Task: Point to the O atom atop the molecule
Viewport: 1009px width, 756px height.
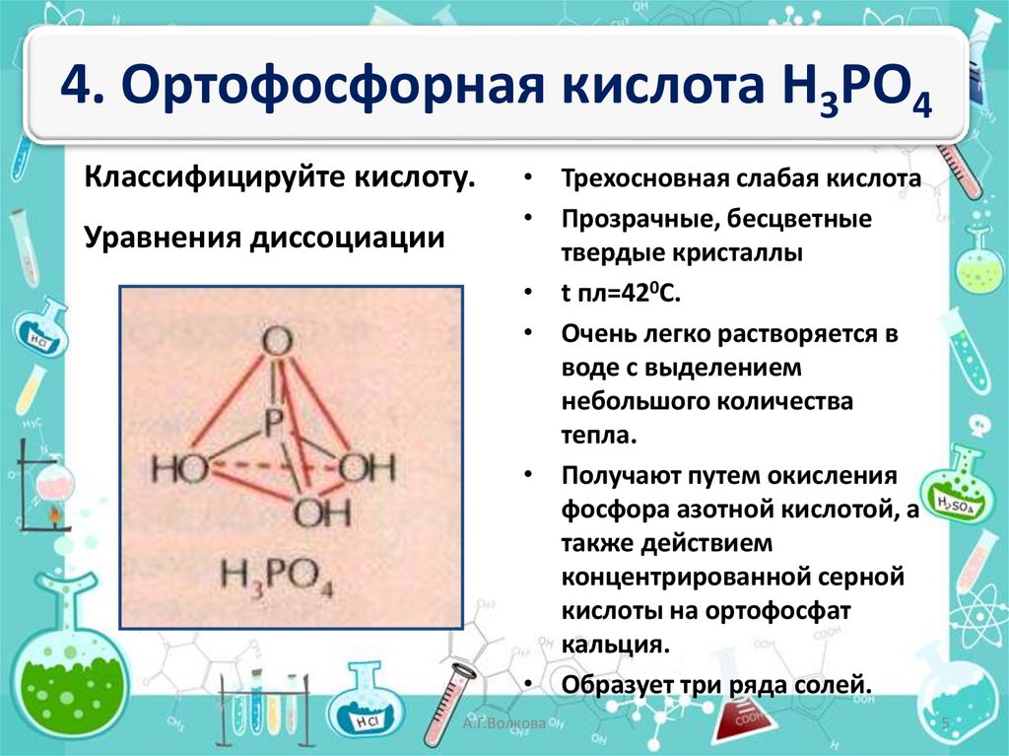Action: (279, 342)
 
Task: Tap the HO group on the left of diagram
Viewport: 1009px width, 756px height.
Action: (179, 468)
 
